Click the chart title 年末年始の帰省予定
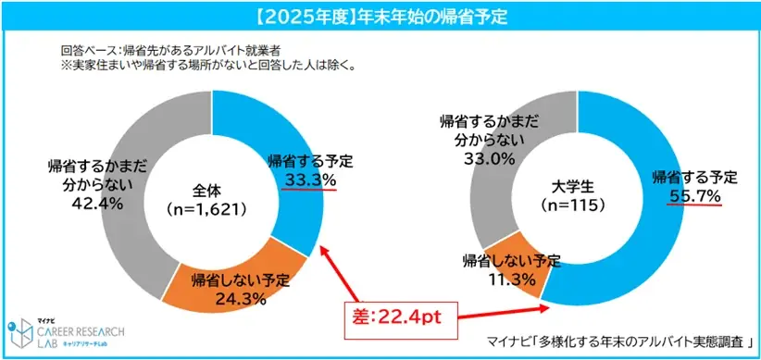pos(380,16)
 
